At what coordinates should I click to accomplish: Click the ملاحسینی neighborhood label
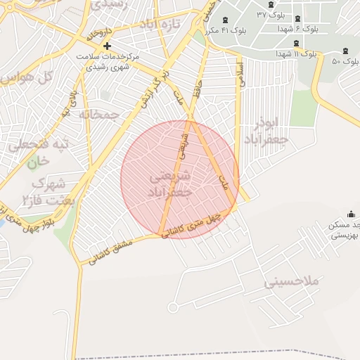click(x=292, y=281)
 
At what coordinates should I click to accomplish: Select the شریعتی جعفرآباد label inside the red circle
click(x=169, y=184)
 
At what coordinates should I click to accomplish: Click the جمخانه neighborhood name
click(x=99, y=113)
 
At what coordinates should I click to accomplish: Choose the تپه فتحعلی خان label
click(x=39, y=151)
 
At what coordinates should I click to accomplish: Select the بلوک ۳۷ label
click(x=271, y=15)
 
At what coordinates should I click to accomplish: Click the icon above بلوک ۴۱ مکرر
click(x=225, y=20)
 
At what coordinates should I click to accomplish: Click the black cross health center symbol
click(x=107, y=46)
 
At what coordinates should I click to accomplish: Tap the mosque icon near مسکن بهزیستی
click(x=351, y=214)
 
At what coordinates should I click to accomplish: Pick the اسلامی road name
click(x=242, y=73)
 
